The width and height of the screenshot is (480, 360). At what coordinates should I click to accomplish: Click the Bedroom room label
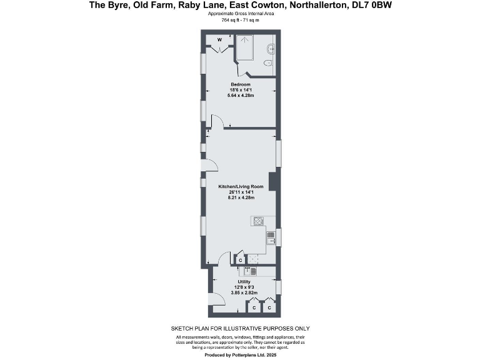[241, 84]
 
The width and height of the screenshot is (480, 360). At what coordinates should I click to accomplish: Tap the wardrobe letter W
[219, 40]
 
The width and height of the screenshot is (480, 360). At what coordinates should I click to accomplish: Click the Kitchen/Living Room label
[241, 186]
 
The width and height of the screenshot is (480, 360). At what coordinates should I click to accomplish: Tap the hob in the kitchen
[257, 220]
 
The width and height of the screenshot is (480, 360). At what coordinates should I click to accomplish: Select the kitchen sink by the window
[271, 237]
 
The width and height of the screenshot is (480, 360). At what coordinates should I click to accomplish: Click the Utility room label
[244, 282]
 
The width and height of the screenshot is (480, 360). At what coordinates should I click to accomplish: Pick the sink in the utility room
[247, 271]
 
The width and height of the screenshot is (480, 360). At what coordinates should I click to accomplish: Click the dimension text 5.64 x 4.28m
[241, 96]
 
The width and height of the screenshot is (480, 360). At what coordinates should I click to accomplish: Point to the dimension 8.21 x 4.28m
[241, 197]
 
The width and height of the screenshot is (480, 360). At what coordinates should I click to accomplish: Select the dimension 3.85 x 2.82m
[244, 292]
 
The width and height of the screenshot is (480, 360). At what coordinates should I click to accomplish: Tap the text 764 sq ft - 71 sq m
[240, 20]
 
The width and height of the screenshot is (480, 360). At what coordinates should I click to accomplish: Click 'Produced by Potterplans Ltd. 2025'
[240, 354]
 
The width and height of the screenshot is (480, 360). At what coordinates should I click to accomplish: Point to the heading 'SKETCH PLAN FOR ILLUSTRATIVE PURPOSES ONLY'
[240, 328]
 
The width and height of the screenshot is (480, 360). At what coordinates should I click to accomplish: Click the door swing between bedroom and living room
[217, 122]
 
